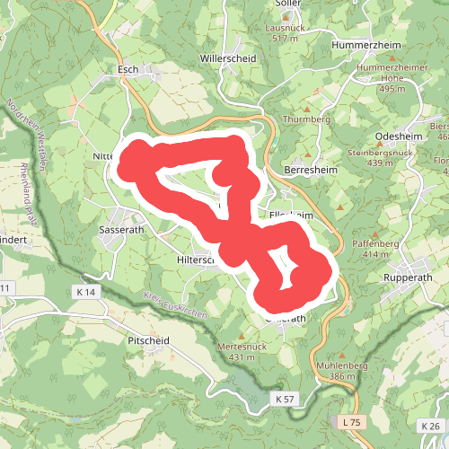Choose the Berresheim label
click(x=308, y=170)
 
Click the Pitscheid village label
click(x=149, y=341)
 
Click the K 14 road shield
click(x=86, y=292)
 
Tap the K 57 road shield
click(x=285, y=398)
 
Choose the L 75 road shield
click(x=351, y=421)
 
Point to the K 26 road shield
click(x=429, y=425)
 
